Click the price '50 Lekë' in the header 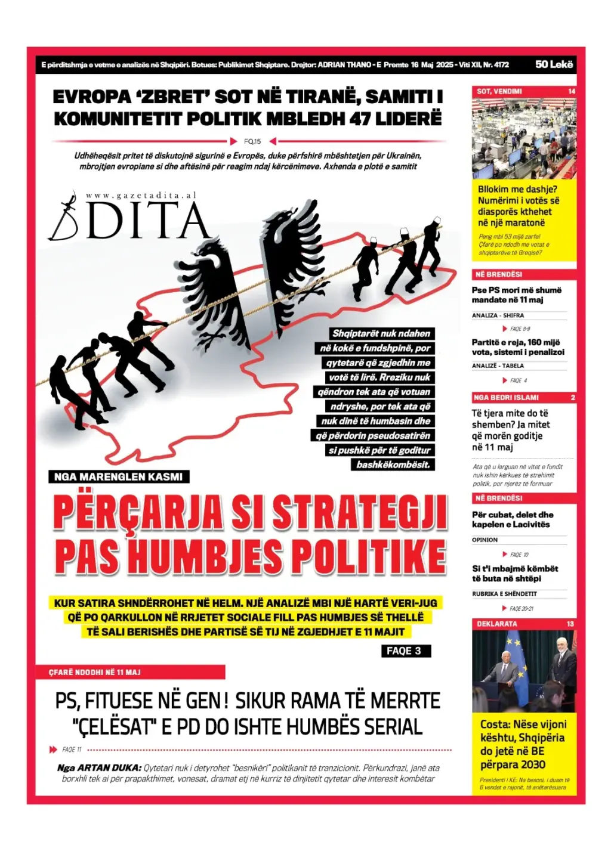554,64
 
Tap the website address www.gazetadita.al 141,196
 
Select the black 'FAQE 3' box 405,651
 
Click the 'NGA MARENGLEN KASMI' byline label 118,477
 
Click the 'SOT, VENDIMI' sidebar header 499,91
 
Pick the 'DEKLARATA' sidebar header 497,624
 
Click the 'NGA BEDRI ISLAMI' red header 506,397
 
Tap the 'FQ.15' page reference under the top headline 252,141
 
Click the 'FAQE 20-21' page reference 521,609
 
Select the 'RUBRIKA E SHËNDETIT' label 504,594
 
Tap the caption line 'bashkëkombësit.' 393,464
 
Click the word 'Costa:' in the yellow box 495,724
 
